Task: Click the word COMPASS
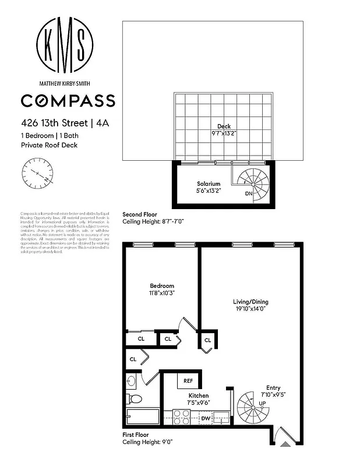[x=68, y=101]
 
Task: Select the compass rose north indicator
[x=39, y=174]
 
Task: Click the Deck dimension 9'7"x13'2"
[x=224, y=133]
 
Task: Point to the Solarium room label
[x=207, y=183]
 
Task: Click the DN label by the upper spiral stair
[x=249, y=193]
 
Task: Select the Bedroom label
[x=162, y=285]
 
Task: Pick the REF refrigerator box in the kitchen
[x=188, y=381]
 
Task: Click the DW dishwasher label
[x=205, y=418]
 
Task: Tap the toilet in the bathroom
[x=135, y=399]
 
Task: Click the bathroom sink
[x=131, y=382]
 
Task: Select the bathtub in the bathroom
[x=143, y=418]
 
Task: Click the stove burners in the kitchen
[x=181, y=418]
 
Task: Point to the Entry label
[x=274, y=388]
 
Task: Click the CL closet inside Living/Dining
[x=207, y=340]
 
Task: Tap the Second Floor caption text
[x=140, y=214]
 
